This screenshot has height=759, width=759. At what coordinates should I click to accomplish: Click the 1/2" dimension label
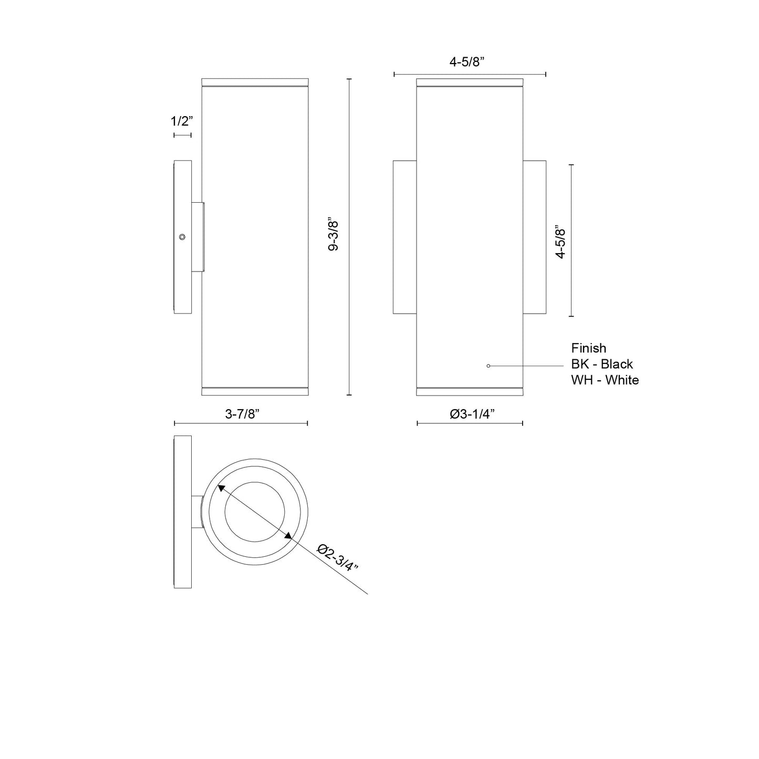pos(182,121)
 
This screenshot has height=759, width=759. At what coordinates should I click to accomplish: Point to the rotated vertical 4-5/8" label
pos(560,242)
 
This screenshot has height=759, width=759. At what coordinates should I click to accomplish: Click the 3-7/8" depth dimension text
pos(243,414)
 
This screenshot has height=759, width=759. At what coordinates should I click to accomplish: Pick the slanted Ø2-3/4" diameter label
pos(339,558)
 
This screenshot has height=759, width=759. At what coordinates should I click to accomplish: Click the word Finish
pos(588,348)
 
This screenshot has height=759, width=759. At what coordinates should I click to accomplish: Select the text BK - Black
pos(602,364)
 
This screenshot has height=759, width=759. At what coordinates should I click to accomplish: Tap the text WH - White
pos(605,380)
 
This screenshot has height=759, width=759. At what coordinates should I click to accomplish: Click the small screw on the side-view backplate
pos(182,237)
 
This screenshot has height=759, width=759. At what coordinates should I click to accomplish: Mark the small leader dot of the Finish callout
pos(488,366)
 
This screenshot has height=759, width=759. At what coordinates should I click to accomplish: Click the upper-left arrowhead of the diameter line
pos(221,488)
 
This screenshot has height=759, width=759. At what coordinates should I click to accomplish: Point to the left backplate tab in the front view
pos(404,237)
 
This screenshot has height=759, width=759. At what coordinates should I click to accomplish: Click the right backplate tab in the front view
pos(535,237)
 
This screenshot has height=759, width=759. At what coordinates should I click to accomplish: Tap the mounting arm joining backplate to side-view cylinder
pos(197,237)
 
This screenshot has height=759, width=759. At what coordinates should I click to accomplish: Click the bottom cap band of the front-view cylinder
pos(470,391)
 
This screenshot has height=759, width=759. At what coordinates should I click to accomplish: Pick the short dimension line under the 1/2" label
pos(182,136)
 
